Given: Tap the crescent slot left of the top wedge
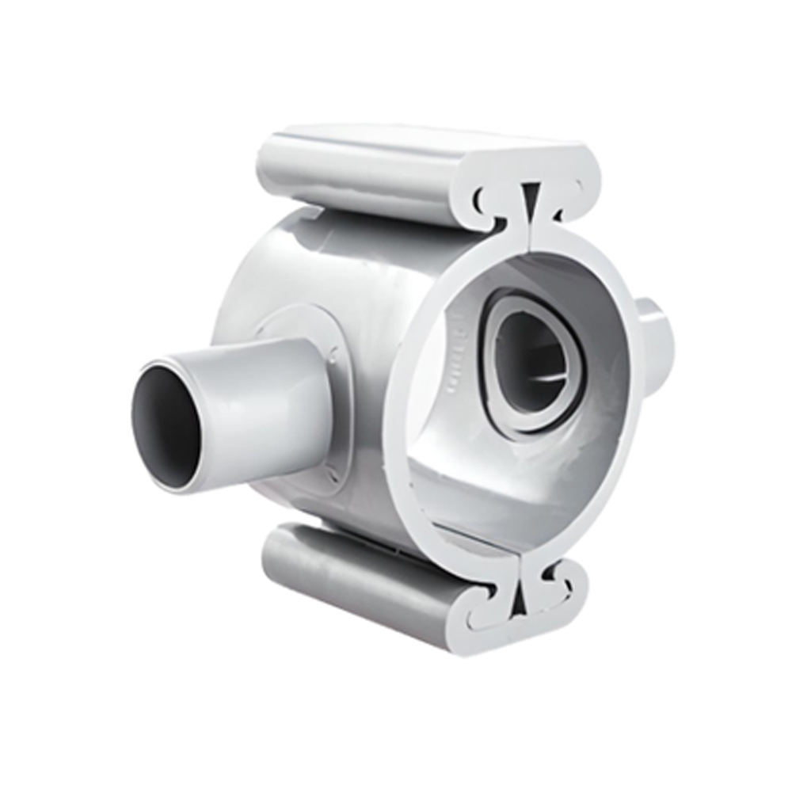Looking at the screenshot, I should tap(484, 198).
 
